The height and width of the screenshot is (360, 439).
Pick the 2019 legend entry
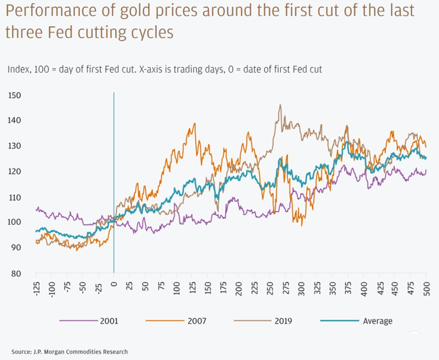pos(283,321)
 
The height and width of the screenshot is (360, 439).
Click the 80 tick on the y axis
pos(17,273)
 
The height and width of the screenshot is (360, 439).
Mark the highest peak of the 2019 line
pos(280,105)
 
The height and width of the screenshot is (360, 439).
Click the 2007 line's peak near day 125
pos(195,123)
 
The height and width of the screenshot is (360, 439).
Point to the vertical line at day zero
pos(114,180)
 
